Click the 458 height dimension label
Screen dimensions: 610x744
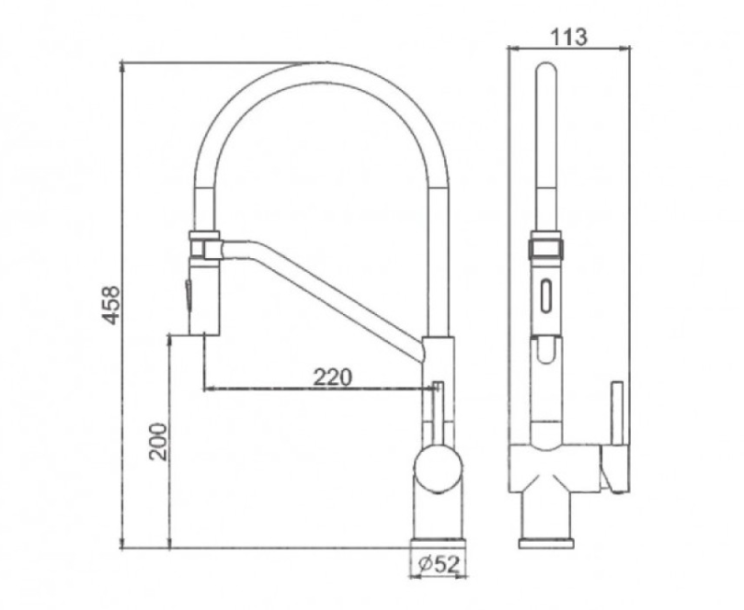pyautogui.click(x=111, y=304)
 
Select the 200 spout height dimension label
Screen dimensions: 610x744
pyautogui.click(x=157, y=442)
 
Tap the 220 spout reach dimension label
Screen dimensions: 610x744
pyautogui.click(x=332, y=377)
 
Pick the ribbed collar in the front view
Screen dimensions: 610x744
pyautogui.click(x=546, y=248)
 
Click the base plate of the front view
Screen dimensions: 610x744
pyautogui.click(x=546, y=542)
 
